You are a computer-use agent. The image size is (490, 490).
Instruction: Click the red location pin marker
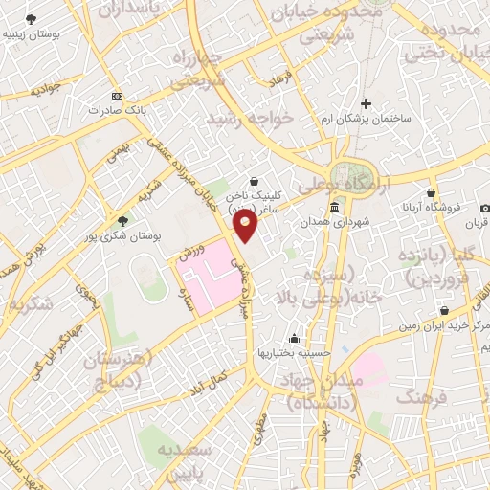tap(246, 226)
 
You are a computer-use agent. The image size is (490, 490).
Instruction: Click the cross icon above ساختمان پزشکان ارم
tap(365, 103)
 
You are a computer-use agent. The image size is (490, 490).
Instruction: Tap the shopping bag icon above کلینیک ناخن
tap(253, 180)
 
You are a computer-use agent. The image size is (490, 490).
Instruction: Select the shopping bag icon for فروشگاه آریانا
tap(432, 192)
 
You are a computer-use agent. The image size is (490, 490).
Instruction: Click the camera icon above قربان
tap(484, 209)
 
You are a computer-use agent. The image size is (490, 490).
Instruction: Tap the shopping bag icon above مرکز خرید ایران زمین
tap(446, 311)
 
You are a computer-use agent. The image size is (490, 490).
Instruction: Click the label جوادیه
tap(45, 91)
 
